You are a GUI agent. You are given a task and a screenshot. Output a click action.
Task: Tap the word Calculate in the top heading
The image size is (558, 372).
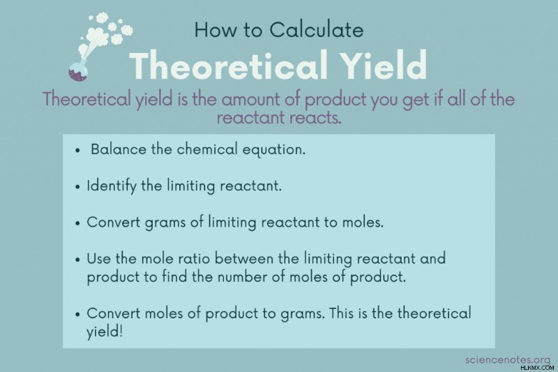[317, 29]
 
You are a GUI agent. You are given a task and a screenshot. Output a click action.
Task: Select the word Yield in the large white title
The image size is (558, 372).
[385, 65]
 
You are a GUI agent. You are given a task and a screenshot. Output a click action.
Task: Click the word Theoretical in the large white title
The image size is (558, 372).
[228, 65]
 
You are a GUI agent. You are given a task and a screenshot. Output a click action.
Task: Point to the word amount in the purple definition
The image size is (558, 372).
[251, 99]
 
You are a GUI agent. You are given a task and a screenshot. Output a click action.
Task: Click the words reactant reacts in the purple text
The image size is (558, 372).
[279, 118]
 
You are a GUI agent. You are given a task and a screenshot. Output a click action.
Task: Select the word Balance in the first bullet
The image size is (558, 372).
[118, 149]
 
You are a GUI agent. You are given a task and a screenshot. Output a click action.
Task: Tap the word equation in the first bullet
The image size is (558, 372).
[273, 150]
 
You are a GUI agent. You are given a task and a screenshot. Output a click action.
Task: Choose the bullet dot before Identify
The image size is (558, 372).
[77, 187]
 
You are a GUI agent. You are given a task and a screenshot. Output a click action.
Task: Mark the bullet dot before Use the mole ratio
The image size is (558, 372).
[77, 260]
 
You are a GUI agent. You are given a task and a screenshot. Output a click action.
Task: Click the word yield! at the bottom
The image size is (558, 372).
[105, 332]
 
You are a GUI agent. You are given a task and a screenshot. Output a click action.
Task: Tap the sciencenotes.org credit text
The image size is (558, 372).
[508, 360]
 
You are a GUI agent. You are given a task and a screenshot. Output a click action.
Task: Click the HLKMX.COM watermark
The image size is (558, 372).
[537, 368]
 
